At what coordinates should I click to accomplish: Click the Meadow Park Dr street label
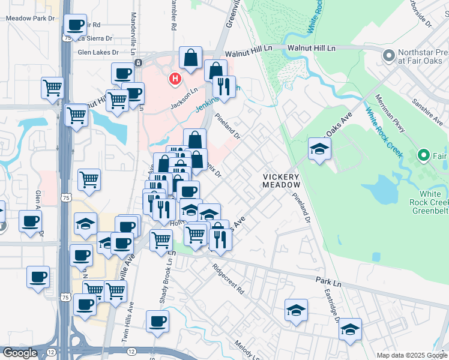pyautogui.click(x=30, y=19)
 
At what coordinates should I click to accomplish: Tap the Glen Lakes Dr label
pyautogui.click(x=98, y=52)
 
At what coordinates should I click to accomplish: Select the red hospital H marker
pyautogui.click(x=175, y=79)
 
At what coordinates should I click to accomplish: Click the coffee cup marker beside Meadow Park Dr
pyautogui.click(x=75, y=25)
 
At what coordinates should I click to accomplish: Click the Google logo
pyautogui.click(x=19, y=353)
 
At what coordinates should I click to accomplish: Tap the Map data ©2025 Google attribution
pyautogui.click(x=411, y=355)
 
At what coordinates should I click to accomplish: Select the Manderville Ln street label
pyautogui.click(x=131, y=36)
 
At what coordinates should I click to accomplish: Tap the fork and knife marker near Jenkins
pyautogui.click(x=224, y=86)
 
